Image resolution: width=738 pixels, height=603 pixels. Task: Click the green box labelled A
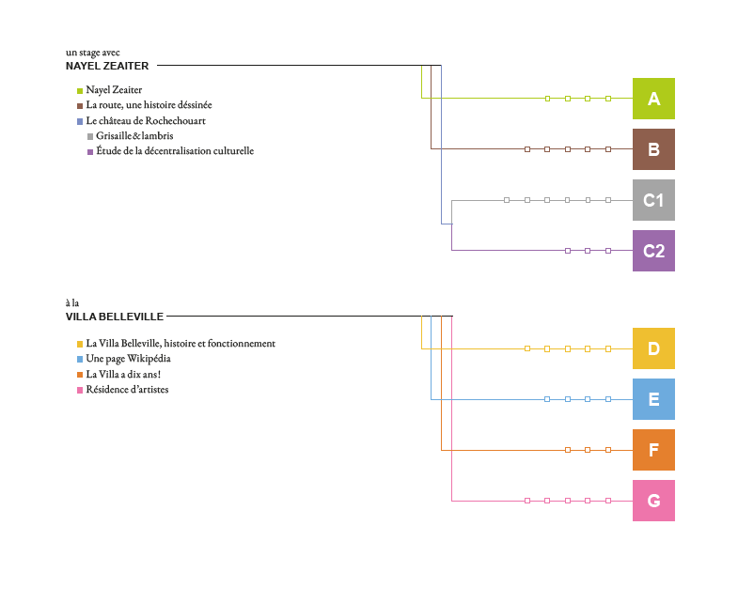(x=653, y=99)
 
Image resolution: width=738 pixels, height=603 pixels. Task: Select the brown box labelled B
(x=653, y=149)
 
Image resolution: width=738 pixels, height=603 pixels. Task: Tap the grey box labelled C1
(x=653, y=200)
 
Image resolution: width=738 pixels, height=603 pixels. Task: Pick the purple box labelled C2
(x=653, y=251)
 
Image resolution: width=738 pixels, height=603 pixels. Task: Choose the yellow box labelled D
(x=653, y=348)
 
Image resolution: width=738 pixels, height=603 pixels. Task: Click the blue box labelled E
(x=653, y=399)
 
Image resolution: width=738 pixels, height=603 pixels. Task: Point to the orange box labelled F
(x=653, y=450)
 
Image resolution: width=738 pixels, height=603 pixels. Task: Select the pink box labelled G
(x=653, y=501)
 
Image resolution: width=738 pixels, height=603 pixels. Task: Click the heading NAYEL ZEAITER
(x=107, y=66)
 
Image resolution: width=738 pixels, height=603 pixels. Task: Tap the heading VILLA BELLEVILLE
(x=115, y=317)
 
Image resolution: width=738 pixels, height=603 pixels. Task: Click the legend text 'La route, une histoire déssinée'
(x=149, y=105)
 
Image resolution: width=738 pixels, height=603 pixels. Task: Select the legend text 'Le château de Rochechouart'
(x=146, y=120)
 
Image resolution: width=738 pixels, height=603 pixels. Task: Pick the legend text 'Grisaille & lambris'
(x=134, y=135)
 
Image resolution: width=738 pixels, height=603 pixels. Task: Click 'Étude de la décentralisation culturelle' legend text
(x=175, y=150)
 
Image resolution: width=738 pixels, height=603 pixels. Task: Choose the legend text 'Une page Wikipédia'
(x=128, y=359)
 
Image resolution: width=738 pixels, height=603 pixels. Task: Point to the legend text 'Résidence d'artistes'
(x=127, y=389)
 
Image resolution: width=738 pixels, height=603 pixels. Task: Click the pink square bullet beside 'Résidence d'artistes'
(x=80, y=390)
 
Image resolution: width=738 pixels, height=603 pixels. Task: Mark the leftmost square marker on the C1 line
(x=507, y=200)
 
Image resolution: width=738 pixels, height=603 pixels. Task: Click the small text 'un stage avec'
(x=93, y=53)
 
